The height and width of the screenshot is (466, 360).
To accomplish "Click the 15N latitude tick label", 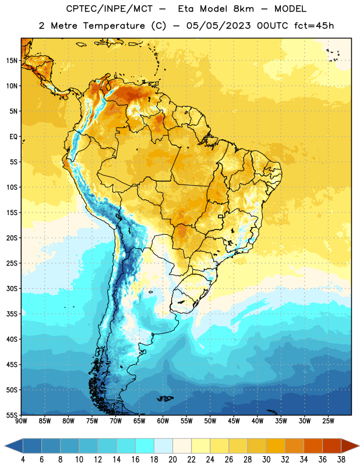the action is point(12,61).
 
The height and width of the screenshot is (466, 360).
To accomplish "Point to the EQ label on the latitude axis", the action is point(13,137).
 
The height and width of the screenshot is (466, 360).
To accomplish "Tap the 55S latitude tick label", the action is point(12,415).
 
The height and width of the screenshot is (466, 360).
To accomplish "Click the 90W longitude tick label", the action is point(21,421).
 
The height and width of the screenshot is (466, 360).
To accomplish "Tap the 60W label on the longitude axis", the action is point(163,421).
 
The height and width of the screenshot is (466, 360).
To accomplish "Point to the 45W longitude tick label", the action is point(234,421).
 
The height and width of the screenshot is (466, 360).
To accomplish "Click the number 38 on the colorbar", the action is point(341,460).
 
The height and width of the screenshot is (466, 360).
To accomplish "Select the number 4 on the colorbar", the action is point(23,460).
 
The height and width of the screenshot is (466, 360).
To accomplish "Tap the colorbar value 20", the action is point(172,460).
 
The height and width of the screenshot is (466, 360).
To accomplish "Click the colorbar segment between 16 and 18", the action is point(144,446).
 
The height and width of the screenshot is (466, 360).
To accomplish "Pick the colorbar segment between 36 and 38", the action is point(332,446).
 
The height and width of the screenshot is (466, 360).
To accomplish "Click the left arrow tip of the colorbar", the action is point(5,446).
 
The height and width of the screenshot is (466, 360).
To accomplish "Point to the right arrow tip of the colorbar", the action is point(359,446).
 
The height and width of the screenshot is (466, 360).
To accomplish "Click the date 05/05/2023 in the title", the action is point(218,26).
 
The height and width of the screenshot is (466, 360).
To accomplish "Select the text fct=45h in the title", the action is point(314,26).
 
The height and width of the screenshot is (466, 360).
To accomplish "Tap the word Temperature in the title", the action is point(114,26).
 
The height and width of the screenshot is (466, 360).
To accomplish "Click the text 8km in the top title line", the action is point(243,9).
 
